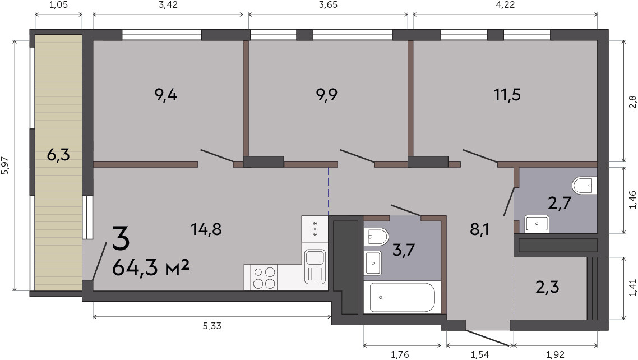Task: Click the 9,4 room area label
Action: (x=165, y=95)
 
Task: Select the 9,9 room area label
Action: (x=327, y=95)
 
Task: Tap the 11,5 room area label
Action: (x=507, y=95)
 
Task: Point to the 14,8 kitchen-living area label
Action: (x=206, y=230)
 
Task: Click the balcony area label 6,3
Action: (x=58, y=155)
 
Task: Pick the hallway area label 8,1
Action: (x=480, y=230)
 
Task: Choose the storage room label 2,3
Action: (x=547, y=287)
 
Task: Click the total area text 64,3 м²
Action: (x=151, y=267)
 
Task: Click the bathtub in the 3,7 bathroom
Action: (x=402, y=297)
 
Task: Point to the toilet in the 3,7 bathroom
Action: (x=376, y=236)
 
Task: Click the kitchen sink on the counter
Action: (x=315, y=266)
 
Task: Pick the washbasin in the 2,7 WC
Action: (x=537, y=224)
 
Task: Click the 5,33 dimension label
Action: (x=212, y=326)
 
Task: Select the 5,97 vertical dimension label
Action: (x=5, y=166)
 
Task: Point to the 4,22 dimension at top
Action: (x=505, y=5)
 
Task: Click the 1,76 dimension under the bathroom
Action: (x=400, y=355)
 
